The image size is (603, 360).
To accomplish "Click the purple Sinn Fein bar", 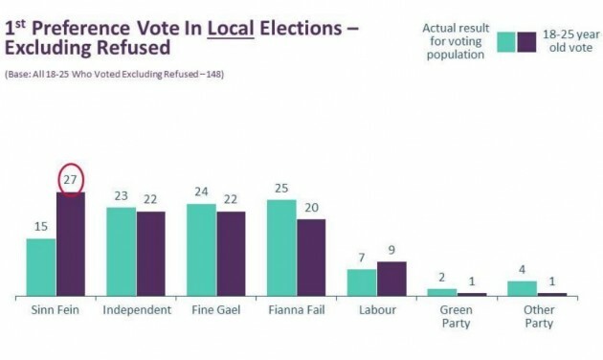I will click(x=71, y=244).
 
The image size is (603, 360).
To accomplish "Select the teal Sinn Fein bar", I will click(x=40, y=267).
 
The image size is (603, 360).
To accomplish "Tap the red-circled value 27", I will click(x=70, y=180).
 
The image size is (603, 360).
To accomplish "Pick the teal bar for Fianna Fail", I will click(x=281, y=248).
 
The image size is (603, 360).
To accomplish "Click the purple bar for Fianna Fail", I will click(x=311, y=258).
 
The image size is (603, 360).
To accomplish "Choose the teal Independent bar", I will click(x=121, y=252).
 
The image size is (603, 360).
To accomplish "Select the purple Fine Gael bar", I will click(x=231, y=254).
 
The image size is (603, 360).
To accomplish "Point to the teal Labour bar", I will click(x=361, y=282).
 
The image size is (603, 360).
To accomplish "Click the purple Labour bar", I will click(x=391, y=279).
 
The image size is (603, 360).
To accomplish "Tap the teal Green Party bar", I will click(x=441, y=292).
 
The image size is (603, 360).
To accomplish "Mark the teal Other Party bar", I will click(x=522, y=288).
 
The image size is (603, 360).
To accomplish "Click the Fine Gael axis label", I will click(x=216, y=310).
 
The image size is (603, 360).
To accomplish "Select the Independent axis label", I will click(x=136, y=310).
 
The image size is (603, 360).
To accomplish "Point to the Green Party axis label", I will click(x=457, y=317).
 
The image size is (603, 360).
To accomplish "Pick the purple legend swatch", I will click(x=526, y=42).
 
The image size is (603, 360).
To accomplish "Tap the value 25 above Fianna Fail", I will click(x=281, y=190).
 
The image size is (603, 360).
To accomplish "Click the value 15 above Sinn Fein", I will click(x=40, y=228).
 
